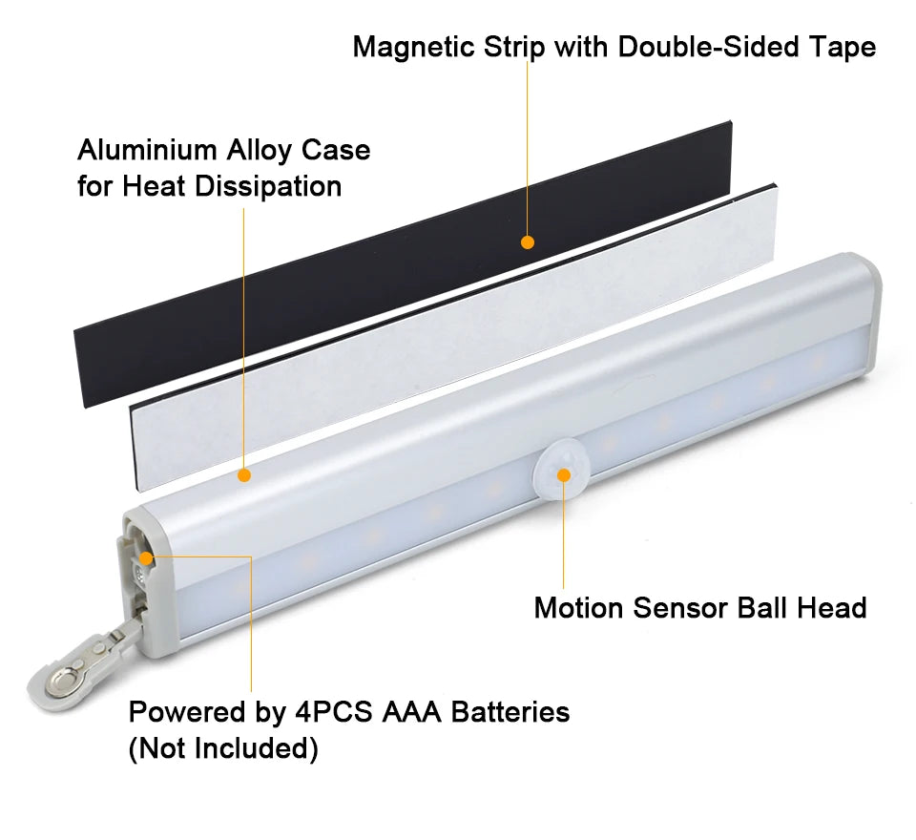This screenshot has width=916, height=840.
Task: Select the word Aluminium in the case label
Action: pos(147,150)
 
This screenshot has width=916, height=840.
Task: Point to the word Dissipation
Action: pos(268,186)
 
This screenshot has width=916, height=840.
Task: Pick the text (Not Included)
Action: pos(223,748)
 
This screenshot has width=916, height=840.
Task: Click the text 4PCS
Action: pos(334,712)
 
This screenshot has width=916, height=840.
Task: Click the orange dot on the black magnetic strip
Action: pos(528,242)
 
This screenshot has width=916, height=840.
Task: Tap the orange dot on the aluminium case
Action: pos(244,475)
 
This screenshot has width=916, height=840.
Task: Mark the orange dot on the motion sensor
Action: pos(564,475)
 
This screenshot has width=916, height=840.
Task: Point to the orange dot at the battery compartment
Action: pos(146,558)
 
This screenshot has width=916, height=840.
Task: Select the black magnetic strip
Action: pos(403,264)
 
